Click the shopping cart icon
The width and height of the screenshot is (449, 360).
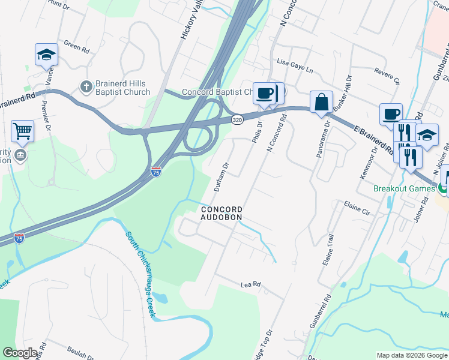[22, 130]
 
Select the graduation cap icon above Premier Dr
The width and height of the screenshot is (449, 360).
[46, 55]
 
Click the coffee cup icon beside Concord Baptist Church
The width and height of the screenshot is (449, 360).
[264, 93]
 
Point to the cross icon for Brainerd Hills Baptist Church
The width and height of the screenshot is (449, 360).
[86, 88]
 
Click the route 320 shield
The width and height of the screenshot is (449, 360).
[238, 119]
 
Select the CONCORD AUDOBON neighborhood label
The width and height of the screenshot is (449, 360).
[221, 212]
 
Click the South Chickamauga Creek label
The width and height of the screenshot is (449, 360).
[142, 273]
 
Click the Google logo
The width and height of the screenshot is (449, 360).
[21, 353]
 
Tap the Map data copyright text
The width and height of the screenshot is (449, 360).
[411, 355]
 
